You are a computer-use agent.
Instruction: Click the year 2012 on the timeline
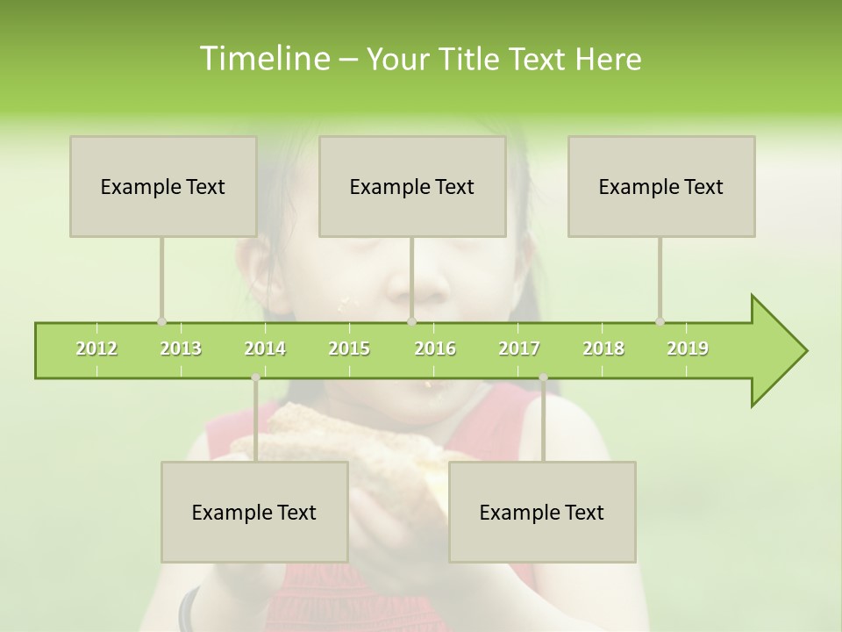(96, 348)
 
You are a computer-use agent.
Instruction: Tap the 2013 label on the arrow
(181, 348)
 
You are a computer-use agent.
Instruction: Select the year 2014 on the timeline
(265, 348)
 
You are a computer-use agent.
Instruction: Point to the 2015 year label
(349, 348)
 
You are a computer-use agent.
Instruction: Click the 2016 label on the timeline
(435, 348)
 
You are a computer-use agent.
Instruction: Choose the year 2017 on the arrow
(519, 348)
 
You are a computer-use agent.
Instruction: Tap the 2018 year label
(603, 348)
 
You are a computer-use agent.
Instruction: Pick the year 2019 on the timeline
(688, 348)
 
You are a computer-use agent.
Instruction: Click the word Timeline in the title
(263, 59)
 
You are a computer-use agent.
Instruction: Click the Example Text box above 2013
(163, 186)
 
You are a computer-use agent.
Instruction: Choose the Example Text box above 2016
(412, 186)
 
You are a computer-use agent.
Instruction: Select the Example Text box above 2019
(661, 186)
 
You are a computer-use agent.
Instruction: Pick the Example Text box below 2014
(254, 512)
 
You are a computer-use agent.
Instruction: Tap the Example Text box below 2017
(542, 512)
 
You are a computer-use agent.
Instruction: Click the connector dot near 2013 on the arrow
(161, 322)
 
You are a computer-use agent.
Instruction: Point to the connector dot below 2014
(255, 377)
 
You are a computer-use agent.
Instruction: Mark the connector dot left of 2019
(660, 322)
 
